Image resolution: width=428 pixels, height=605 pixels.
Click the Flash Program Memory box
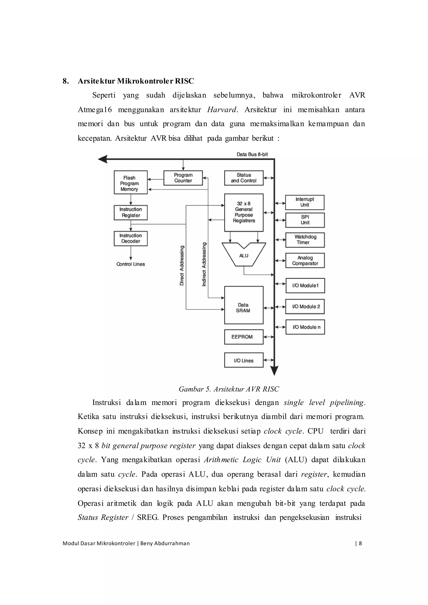pyautogui.click(x=130, y=182)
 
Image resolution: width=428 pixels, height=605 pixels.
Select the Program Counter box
pyautogui.click(x=183, y=178)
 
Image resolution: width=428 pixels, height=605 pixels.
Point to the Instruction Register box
pyautogui.click(x=130, y=212)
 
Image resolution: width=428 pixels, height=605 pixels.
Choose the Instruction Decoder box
pyautogui.click(x=130, y=238)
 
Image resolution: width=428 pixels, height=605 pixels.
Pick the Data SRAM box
pyautogui.click(x=243, y=305)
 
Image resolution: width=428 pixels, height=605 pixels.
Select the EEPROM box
pyautogui.click(x=243, y=337)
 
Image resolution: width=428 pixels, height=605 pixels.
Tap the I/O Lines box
pyautogui.click(x=243, y=360)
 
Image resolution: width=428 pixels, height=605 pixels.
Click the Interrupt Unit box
pyautogui.click(x=305, y=202)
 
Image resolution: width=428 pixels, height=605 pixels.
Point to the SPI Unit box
pyautogui.click(x=305, y=220)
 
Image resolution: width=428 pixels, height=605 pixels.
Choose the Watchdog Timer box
pyautogui.click(x=305, y=240)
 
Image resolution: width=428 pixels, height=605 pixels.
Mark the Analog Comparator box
pyautogui.click(x=305, y=261)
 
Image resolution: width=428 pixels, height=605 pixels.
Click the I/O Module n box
pyautogui.click(x=305, y=327)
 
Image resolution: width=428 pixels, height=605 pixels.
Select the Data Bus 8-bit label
pyautogui.click(x=252, y=154)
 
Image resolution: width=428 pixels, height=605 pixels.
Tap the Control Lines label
pyautogui.click(x=131, y=264)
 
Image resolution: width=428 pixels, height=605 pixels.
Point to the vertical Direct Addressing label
pyautogui.click(x=182, y=265)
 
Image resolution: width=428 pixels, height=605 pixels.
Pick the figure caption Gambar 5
pyautogui.click(x=228, y=389)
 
